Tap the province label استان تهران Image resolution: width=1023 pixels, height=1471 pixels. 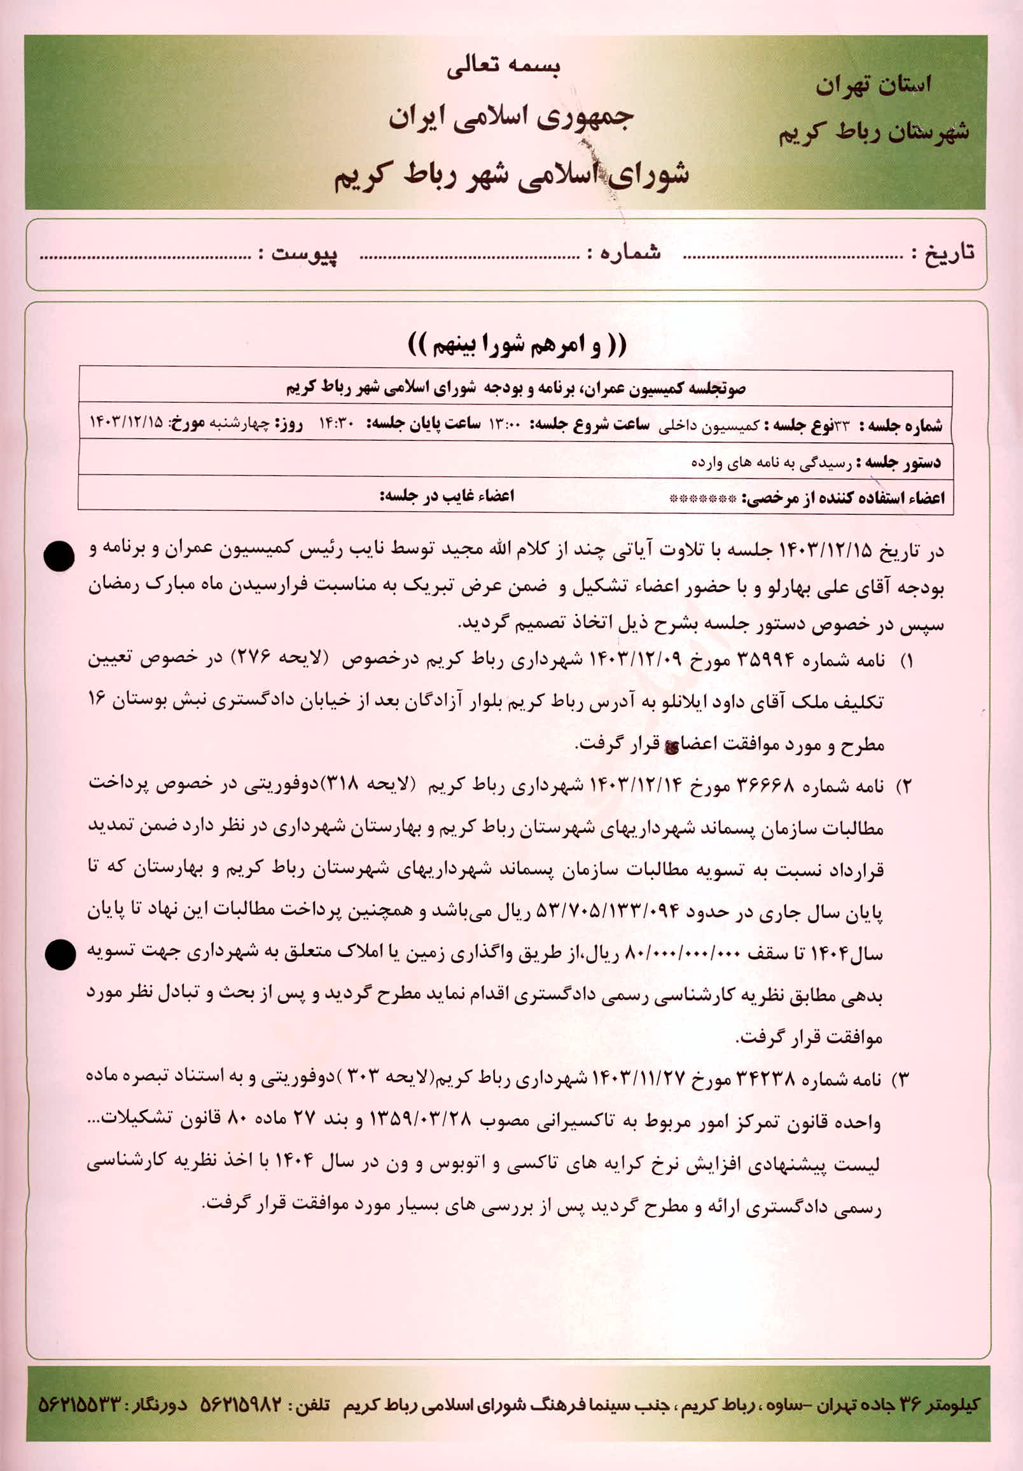tap(873, 86)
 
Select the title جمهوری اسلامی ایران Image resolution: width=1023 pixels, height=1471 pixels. tap(510, 118)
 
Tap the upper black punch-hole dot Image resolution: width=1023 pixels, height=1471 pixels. tap(59, 556)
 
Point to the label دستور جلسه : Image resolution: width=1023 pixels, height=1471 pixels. tap(903, 463)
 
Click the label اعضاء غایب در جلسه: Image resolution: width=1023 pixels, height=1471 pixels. tap(447, 496)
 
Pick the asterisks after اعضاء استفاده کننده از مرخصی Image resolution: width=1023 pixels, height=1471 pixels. tap(704, 498)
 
